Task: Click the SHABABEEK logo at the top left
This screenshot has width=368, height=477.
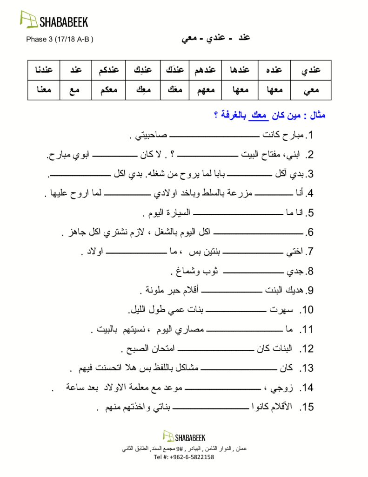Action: click(54, 20)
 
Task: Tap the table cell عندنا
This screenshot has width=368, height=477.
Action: click(43, 70)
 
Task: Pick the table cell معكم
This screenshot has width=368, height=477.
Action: click(109, 90)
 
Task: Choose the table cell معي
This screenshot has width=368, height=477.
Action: click(311, 90)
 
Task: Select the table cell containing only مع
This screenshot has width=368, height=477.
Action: click(75, 90)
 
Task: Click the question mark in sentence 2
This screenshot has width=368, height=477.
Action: click(173, 155)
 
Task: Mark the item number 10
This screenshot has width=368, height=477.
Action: click(308, 310)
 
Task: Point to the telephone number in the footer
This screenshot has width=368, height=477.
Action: click(183, 457)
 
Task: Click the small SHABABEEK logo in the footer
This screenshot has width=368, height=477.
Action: click(184, 436)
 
